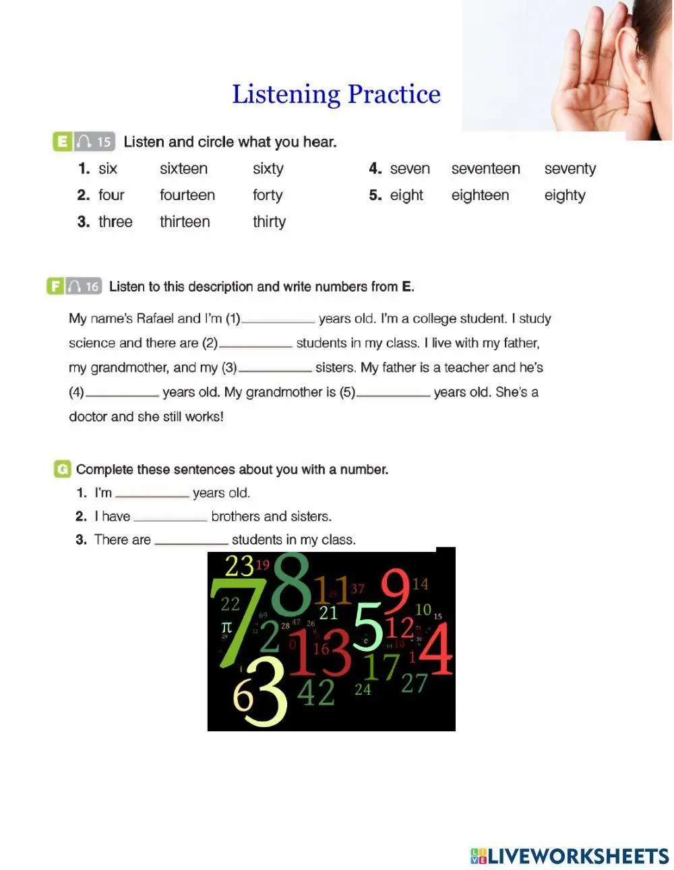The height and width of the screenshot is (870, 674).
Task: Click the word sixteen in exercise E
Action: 184,168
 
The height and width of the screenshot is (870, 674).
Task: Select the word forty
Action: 268,195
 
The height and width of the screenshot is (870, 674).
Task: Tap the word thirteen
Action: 185,222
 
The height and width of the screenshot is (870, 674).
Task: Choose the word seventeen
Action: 485,168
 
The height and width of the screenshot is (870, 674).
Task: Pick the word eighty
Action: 565,195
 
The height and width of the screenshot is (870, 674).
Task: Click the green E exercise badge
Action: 63,142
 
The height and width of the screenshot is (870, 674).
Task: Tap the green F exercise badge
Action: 55,286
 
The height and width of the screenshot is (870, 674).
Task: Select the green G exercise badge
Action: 63,469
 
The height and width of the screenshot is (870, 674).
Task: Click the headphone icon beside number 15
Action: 84,142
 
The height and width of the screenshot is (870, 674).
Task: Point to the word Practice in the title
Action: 394,94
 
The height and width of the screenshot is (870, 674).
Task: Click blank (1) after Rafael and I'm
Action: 278,321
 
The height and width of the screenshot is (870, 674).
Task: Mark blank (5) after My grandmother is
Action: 394,395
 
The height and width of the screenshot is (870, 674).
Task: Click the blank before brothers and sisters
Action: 171,520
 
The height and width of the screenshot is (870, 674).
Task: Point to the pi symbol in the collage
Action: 226,627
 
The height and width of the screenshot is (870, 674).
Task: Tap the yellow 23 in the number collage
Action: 239,566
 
